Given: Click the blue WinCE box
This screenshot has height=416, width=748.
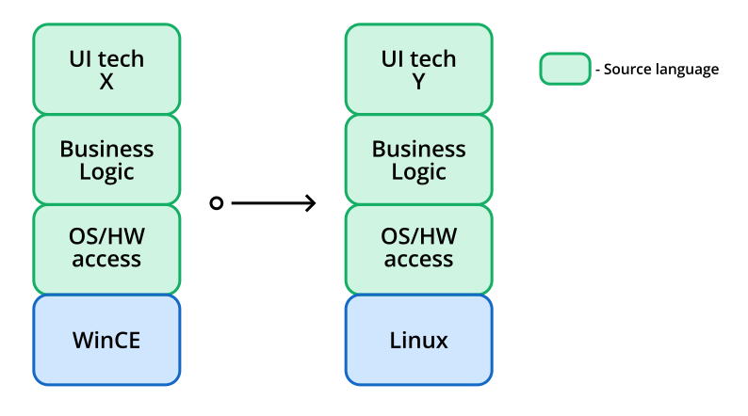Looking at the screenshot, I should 106,340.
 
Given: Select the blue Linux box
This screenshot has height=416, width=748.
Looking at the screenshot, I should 418,340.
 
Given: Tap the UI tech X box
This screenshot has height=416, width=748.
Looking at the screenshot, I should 106,70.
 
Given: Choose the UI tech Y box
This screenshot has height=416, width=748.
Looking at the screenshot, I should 418,70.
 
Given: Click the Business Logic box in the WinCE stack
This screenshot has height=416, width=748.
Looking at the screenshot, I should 106,160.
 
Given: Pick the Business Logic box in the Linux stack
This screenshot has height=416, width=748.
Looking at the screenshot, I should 418,160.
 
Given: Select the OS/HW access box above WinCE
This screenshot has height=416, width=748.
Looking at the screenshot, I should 106,248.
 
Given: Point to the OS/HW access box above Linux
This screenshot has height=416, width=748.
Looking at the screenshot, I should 418,248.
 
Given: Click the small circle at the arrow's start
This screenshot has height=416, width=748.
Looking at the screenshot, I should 216,203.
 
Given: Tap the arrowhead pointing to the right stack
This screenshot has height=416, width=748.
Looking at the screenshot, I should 311,203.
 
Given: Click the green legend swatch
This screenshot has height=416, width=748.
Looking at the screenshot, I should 564,69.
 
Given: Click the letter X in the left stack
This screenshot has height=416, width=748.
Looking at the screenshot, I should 106,82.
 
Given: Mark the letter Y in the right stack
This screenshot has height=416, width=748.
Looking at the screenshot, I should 418,82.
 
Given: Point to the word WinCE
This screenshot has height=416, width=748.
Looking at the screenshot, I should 106,340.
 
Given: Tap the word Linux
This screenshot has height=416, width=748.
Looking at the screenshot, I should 418,340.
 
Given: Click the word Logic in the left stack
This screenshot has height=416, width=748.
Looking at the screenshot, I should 106,172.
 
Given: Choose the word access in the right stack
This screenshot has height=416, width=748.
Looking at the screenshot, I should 418,260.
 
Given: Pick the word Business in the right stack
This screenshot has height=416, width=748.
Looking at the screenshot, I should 418,149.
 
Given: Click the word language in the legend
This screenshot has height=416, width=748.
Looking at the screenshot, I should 688,71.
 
